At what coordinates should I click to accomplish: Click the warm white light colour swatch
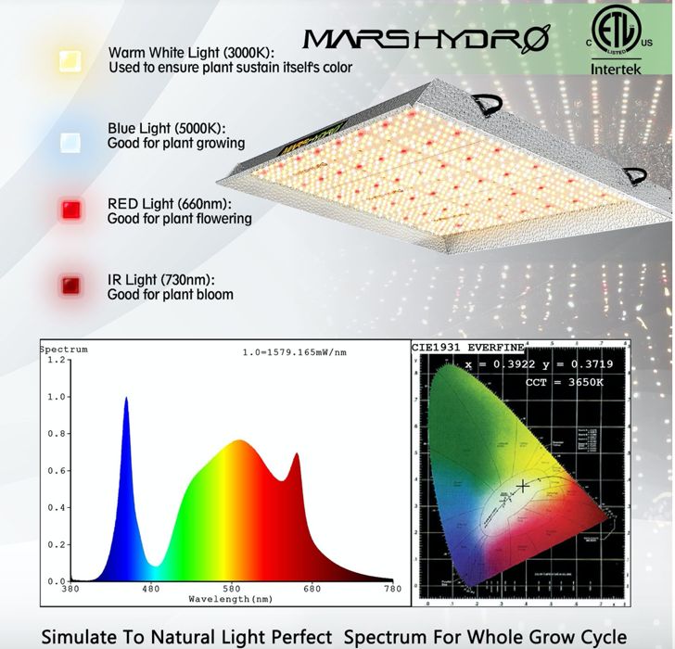pos(70,60)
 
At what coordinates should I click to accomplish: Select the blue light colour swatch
pos(70,140)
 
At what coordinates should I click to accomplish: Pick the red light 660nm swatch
pos(70,209)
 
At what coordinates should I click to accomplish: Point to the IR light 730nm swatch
pos(70,285)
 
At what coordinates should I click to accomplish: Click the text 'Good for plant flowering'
pos(180,220)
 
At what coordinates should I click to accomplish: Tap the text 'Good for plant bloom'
pos(171,295)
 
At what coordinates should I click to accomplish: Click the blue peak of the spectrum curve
pos(126,399)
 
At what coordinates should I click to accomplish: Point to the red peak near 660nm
pos(297,454)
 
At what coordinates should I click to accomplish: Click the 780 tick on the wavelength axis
pos(393,588)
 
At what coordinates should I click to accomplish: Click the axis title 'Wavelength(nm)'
pos(232,599)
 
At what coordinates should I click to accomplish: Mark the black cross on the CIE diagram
pos(524,486)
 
